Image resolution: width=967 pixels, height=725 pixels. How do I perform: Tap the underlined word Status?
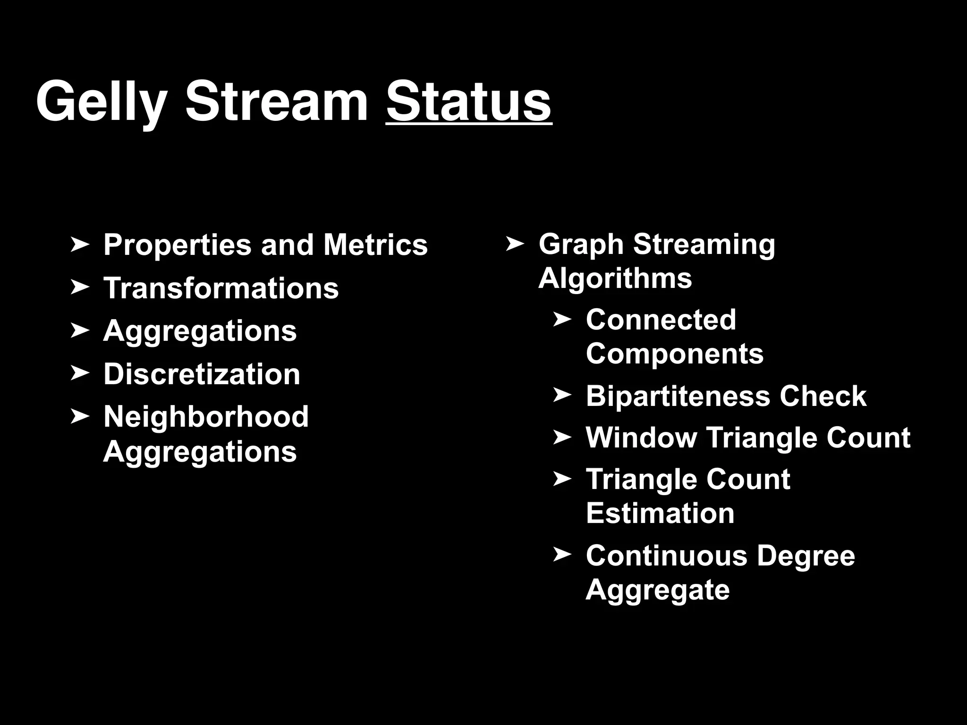468,102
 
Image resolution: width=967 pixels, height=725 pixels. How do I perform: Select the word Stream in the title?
277,102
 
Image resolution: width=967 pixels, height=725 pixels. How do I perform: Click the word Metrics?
375,245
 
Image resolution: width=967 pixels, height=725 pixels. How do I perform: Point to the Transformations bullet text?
221,288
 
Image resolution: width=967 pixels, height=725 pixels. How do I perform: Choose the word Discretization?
202,374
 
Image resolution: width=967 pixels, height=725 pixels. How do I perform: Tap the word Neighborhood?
206,417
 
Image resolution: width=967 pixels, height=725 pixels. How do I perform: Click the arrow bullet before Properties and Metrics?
79,244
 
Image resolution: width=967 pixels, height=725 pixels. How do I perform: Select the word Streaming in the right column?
704,244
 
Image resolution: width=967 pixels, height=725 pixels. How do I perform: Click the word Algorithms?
615,278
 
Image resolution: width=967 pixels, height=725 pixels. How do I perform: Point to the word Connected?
661,320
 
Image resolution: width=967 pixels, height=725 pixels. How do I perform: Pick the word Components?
674,354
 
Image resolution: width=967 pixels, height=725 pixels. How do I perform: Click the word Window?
641,438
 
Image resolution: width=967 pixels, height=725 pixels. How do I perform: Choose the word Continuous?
667,556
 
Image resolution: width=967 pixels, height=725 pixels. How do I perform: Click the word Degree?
806,556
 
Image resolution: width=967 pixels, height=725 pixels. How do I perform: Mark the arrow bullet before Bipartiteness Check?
562,395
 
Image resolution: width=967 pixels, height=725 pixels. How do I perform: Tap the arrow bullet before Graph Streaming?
515,244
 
